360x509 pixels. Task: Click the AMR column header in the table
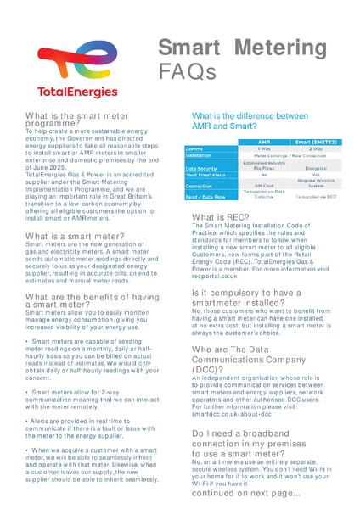(264, 141)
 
